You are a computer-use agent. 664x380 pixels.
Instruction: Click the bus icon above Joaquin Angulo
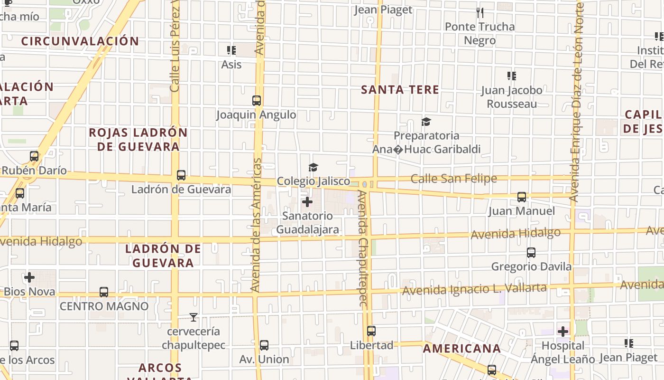[257, 101]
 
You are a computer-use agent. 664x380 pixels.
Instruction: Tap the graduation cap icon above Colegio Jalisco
[313, 167]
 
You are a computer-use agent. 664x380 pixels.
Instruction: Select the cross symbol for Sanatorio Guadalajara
[307, 202]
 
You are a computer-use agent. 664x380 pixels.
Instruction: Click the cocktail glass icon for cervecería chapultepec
[193, 317]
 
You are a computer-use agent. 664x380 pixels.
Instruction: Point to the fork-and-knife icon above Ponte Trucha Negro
[480, 13]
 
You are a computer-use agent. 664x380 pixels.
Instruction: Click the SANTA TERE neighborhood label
[400, 90]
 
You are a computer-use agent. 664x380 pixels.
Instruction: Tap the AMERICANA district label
[461, 349]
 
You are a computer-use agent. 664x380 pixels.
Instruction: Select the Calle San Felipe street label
[453, 179]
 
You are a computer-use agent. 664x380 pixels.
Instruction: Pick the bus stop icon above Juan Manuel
[522, 197]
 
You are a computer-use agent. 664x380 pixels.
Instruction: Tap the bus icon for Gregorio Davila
[531, 253]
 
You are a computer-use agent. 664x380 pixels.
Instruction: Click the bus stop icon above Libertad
[371, 331]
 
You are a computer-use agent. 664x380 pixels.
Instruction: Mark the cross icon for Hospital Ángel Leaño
[563, 331]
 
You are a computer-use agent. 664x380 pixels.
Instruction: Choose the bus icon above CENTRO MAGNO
[104, 292]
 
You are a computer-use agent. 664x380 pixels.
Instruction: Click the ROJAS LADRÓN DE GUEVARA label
[138, 140]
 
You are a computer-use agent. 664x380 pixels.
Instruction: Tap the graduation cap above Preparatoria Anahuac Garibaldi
[426, 122]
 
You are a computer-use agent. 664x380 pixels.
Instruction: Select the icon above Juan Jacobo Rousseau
[511, 76]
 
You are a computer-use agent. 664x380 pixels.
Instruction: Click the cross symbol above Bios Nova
[29, 277]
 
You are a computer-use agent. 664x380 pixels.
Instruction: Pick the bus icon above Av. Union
[264, 345]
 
